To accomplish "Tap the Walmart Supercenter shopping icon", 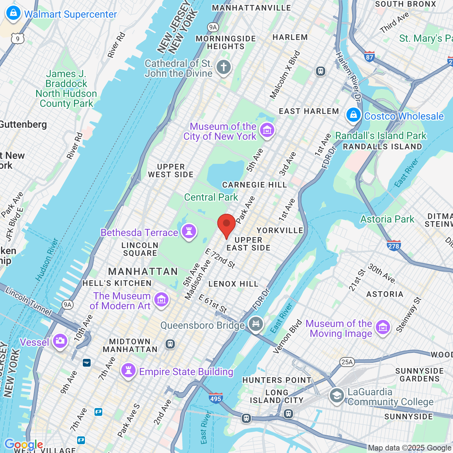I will pyautogui.click(x=13, y=13).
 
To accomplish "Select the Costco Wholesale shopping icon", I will pyautogui.click(x=353, y=115).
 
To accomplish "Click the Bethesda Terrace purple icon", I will pyautogui.click(x=189, y=232).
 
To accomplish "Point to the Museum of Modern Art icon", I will pyautogui.click(x=161, y=300).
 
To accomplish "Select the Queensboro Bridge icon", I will pyautogui.click(x=256, y=324).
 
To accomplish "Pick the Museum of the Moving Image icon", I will pyautogui.click(x=383, y=328).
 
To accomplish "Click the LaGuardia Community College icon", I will pyautogui.click(x=337, y=396).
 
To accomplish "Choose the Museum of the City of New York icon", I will pyautogui.click(x=267, y=130).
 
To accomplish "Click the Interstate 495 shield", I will pyautogui.click(x=216, y=398).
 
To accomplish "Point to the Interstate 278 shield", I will pyautogui.click(x=394, y=246).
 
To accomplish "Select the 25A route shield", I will pyautogui.click(x=347, y=362).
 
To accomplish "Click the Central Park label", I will pyautogui.click(x=211, y=197).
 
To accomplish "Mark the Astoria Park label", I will pyautogui.click(x=387, y=219).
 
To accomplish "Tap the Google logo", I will pyautogui.click(x=24, y=445).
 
